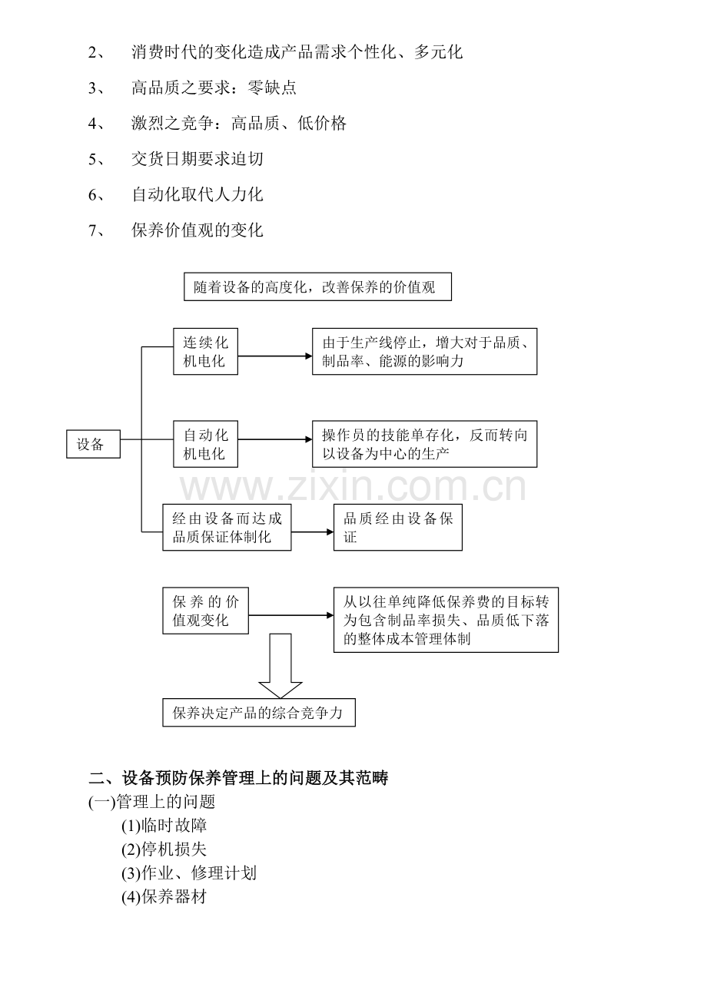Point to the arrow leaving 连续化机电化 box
pos(275,356)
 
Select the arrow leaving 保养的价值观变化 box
pos(291,615)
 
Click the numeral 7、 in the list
pos(98,230)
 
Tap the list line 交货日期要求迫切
pos(197,159)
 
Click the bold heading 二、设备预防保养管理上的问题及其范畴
pos(238,778)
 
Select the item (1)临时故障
pos(164,826)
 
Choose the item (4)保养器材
pos(164,897)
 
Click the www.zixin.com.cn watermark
pos(353,487)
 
